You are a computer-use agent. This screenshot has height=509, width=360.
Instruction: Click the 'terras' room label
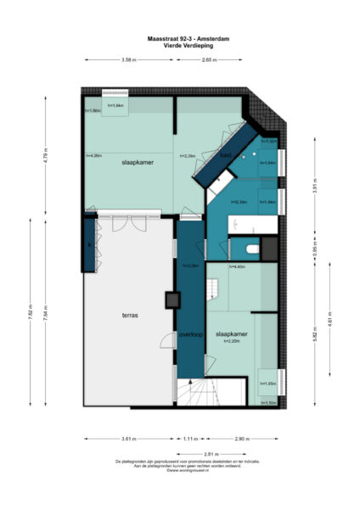pos(129,315)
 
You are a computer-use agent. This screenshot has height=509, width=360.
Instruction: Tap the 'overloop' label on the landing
pos(190,334)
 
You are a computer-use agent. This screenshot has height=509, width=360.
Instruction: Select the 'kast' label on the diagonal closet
pos(226,155)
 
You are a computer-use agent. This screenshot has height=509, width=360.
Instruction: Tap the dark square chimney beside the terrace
pos(172,299)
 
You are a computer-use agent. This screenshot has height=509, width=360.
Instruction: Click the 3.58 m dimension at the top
pos(129,60)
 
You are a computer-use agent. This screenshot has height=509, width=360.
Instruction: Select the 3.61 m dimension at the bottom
pos(129,439)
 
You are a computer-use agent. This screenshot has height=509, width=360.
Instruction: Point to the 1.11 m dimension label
pos(190,439)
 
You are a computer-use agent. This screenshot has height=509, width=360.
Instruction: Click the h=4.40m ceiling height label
pos(238,266)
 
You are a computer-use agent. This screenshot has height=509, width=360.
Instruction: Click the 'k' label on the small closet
pos(89,246)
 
